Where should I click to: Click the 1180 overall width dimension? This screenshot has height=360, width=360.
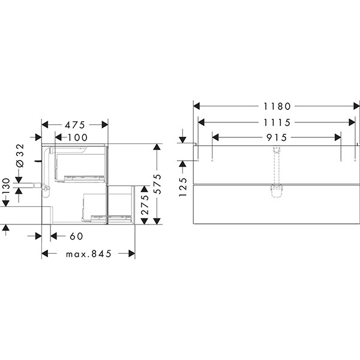point(275,106)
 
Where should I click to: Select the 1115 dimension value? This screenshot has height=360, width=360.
point(275,122)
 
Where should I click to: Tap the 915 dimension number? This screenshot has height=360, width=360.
point(275,137)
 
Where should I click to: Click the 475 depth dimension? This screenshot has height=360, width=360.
point(74,125)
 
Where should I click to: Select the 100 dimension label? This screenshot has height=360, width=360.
point(77,138)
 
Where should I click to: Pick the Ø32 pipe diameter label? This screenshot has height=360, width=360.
point(19,155)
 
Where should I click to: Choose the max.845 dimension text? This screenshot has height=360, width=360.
point(89,254)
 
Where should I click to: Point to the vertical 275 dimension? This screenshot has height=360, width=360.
point(144,204)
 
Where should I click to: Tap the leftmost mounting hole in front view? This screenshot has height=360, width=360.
point(198,160)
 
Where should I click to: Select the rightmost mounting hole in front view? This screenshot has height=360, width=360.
point(355,160)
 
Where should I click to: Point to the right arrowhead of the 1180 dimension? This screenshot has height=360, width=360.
point(355,106)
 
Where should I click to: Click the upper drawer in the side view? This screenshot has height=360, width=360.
point(81,165)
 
